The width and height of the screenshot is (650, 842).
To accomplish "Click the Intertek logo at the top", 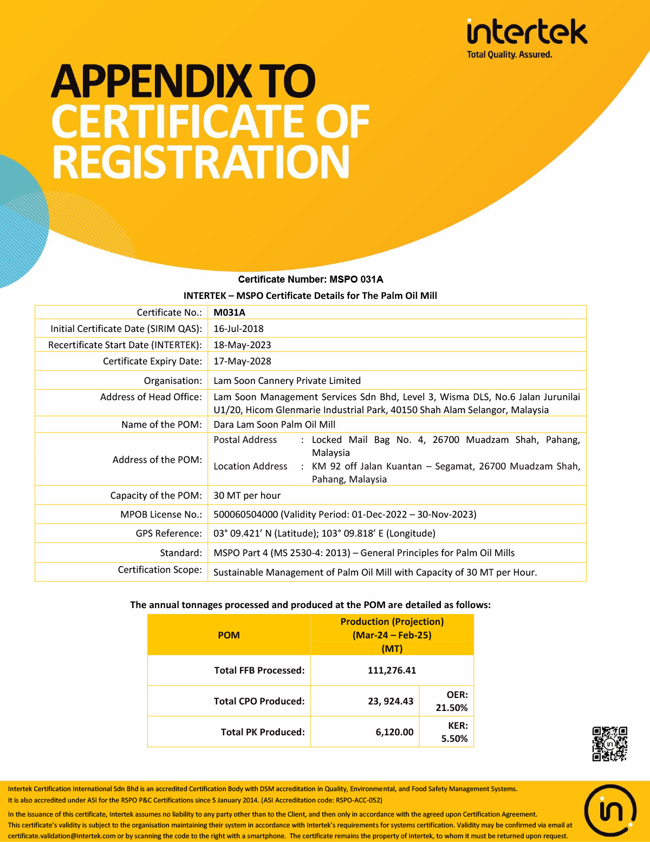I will tap(526, 33).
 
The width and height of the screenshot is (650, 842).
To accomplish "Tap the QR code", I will tap(609, 744).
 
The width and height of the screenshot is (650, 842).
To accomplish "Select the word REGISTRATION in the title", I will tap(201, 162).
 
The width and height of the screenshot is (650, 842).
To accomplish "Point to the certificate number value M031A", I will tap(229, 312).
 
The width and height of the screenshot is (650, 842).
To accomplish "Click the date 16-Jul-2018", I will tap(238, 329).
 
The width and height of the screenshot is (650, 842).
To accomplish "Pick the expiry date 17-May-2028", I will tap(242, 361).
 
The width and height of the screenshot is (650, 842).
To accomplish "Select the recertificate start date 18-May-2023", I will tap(242, 345).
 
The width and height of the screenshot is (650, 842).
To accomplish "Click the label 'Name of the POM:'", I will tap(161, 425).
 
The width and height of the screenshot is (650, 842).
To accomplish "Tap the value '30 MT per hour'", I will tap(247, 495).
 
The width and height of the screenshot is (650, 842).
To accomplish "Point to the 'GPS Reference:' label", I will tap(168, 533).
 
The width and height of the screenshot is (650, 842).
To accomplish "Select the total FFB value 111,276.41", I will tap(392, 670).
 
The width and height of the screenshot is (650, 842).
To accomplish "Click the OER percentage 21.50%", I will tap(451, 708).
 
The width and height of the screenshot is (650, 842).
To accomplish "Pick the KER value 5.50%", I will tap(454, 739).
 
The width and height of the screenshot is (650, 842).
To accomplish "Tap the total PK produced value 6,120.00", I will tap(394, 732).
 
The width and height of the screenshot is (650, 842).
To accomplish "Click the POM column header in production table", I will tap(229, 635).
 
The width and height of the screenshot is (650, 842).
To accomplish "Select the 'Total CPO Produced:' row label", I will tap(259, 701).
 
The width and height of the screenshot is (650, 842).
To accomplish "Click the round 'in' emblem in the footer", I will tap(610, 811).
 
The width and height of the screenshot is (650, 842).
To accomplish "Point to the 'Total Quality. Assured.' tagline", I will tap(509, 55).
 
